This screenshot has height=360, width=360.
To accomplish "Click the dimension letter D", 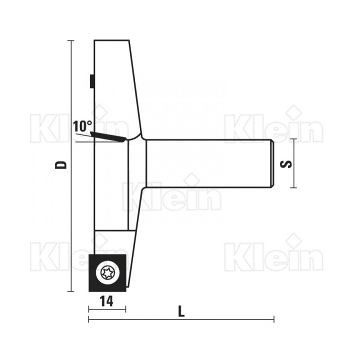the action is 61,165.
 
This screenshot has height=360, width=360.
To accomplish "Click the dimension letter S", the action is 286,164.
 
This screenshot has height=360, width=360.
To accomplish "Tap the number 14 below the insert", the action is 107,301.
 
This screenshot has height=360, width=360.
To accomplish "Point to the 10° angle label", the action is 82,126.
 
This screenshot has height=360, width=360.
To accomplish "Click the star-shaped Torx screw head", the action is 107,273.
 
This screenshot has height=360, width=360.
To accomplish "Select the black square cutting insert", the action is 107,273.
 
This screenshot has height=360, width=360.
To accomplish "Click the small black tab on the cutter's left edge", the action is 91,81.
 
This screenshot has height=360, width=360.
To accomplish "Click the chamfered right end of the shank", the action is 271,163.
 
